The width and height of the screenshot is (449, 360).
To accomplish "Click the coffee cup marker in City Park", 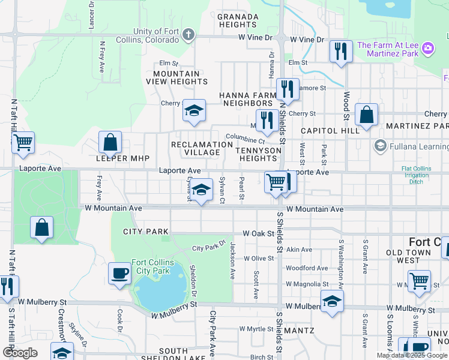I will pyautogui.click(x=119, y=273).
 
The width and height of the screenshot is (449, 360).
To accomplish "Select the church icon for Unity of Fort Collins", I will pyautogui.click(x=188, y=34).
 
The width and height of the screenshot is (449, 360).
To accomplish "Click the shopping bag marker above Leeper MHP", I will pyautogui.click(x=110, y=143).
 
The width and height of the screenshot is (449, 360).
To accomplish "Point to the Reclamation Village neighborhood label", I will pyautogui.click(x=196, y=148).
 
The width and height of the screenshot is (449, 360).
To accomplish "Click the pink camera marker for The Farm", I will pyautogui.click(x=427, y=47).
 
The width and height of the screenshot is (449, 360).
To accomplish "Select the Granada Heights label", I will pyautogui.click(x=238, y=20).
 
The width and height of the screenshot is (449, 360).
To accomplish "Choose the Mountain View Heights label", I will pyautogui.click(x=176, y=77).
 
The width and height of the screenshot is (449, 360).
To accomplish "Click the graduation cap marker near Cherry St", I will pyautogui.click(x=194, y=110).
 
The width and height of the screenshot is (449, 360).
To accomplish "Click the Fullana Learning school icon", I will pyautogui.click(x=379, y=146).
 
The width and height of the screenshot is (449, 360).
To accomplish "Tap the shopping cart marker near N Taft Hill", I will pyautogui.click(x=23, y=143).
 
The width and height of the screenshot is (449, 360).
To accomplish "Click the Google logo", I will pyautogui.click(x=20, y=353).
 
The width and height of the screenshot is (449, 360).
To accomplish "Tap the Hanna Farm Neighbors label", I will pyautogui.click(x=247, y=99).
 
